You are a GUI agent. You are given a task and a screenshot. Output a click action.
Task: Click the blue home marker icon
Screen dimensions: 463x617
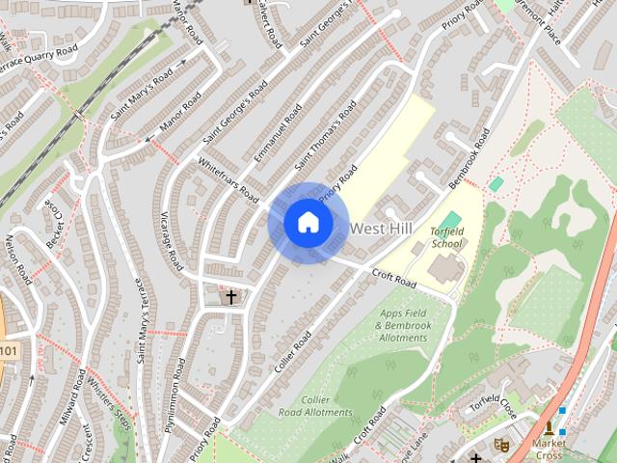click(x=308, y=223)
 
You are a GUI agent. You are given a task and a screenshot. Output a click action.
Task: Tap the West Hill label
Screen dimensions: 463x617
click(x=383, y=229)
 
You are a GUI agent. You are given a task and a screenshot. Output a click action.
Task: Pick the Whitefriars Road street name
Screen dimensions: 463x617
click(x=229, y=181)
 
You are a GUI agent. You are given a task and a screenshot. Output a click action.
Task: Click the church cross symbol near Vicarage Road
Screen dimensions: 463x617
click(x=231, y=297)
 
